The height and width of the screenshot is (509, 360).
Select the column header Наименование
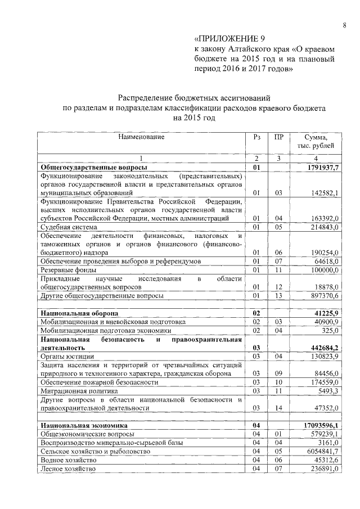coord(141,137)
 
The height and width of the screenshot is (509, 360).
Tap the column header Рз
coord(256,137)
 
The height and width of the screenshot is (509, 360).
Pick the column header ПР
coord(278,137)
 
